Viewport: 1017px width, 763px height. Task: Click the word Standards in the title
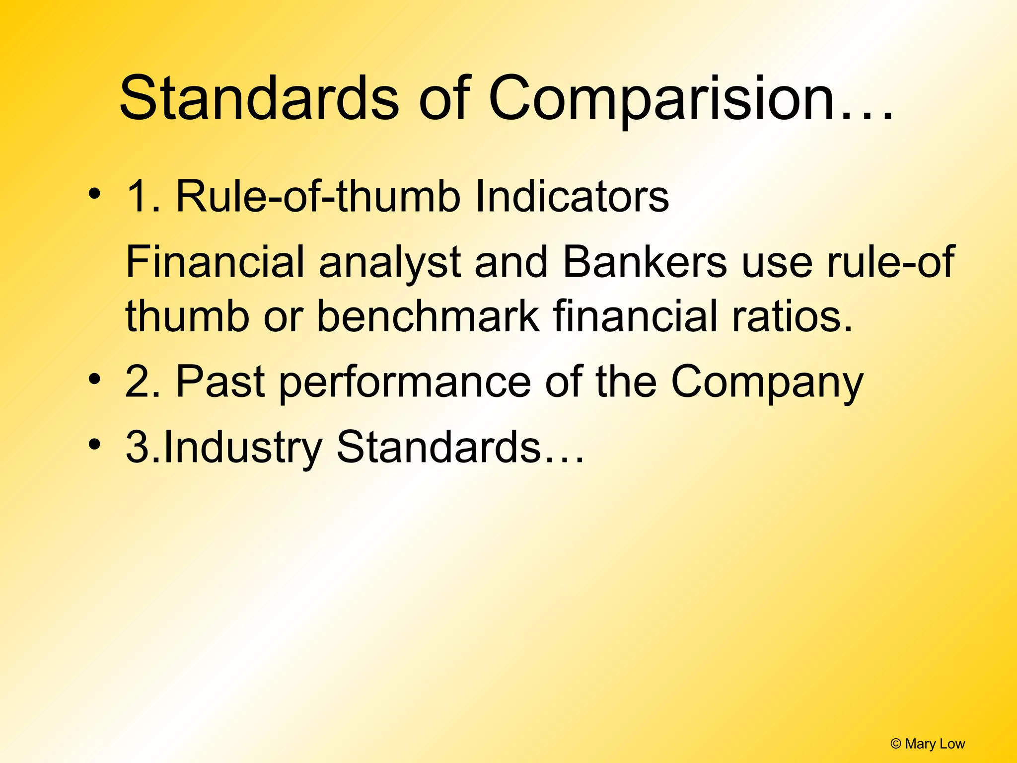tap(259, 98)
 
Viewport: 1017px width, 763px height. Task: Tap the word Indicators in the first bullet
tap(572, 197)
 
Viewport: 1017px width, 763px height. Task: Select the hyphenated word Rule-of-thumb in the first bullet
tap(318, 197)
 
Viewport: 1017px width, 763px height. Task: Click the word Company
tap(767, 382)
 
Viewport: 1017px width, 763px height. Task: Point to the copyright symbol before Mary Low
tap(896, 744)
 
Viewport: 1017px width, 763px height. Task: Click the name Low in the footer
tap(952, 744)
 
